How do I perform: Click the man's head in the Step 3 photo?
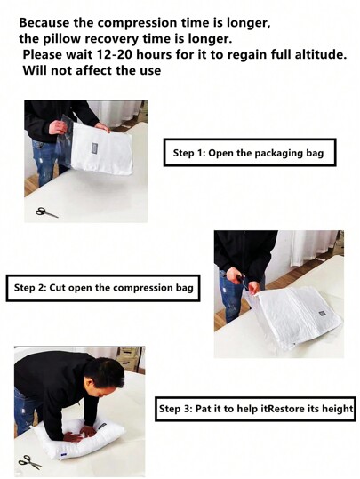[109, 371]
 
